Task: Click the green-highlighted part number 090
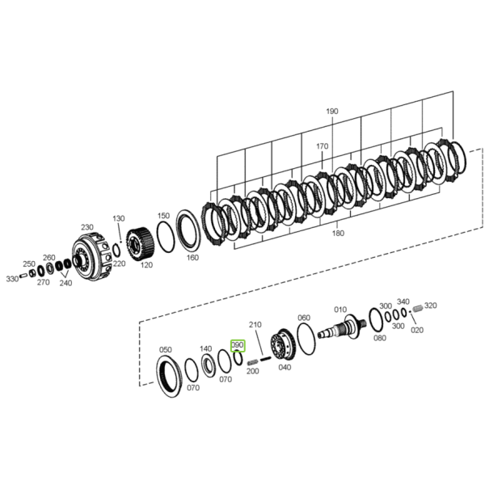[238, 345]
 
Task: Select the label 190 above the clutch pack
[332, 111]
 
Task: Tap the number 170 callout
[322, 146]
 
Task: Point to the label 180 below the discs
[338, 233]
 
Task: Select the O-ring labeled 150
[166, 236]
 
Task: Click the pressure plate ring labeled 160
[188, 230]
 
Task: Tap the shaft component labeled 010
[342, 328]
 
